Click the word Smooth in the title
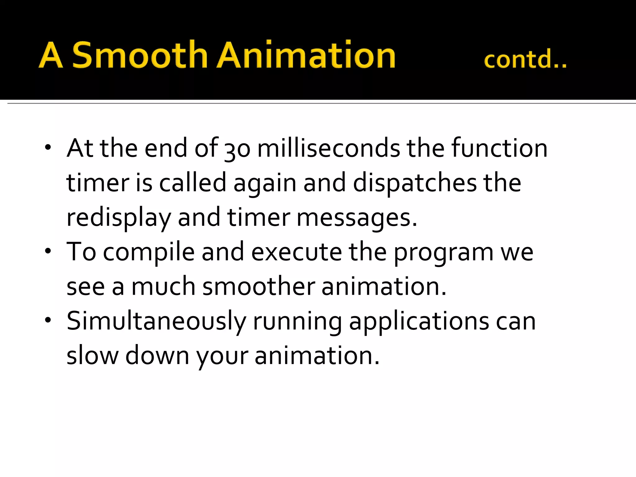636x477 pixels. (x=140, y=55)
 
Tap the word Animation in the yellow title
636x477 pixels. (x=306, y=55)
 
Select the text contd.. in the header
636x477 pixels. (x=525, y=59)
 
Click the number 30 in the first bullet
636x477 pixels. (x=237, y=149)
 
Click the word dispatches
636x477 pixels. (x=415, y=183)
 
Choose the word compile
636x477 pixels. (x=149, y=252)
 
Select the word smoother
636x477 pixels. (x=259, y=286)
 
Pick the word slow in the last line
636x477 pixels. (x=93, y=356)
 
